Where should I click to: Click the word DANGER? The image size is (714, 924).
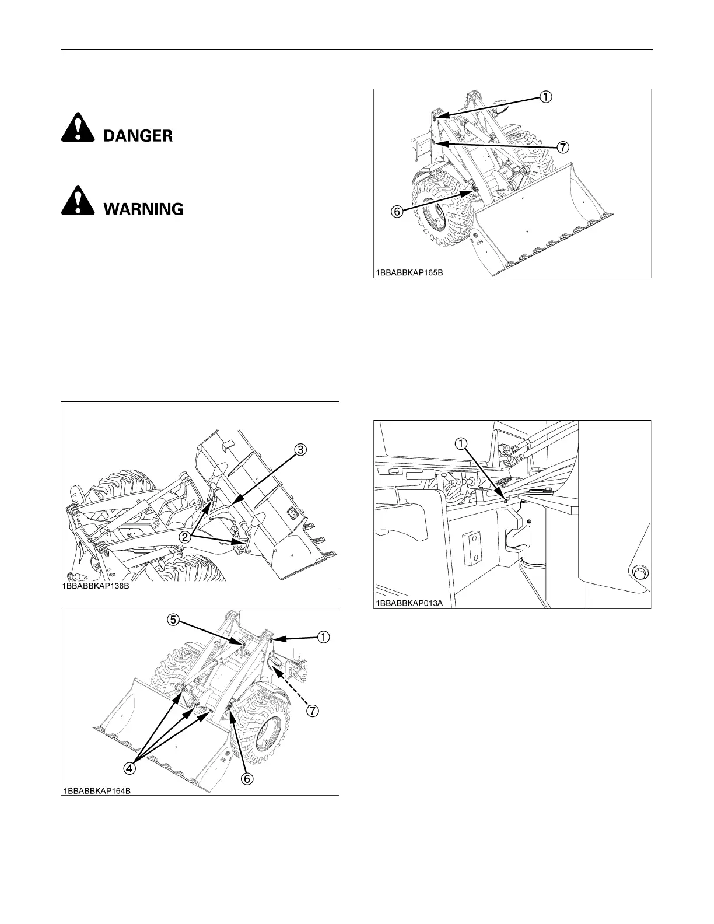(138, 136)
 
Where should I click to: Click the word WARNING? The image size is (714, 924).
(143, 209)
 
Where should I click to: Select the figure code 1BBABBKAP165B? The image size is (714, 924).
(409, 272)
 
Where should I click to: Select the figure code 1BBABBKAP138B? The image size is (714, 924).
(96, 586)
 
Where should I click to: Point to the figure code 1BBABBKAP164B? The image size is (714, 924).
(97, 791)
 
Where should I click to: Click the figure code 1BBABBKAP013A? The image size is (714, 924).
(409, 604)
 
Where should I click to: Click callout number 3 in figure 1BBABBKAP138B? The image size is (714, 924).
(299, 450)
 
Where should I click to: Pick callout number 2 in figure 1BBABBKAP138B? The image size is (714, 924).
(185, 537)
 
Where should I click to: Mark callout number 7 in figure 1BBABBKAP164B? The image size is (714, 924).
(313, 710)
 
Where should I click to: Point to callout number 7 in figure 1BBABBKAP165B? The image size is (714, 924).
(562, 148)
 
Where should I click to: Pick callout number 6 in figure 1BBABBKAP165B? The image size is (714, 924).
(396, 212)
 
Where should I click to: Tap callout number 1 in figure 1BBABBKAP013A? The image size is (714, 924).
(461, 444)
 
